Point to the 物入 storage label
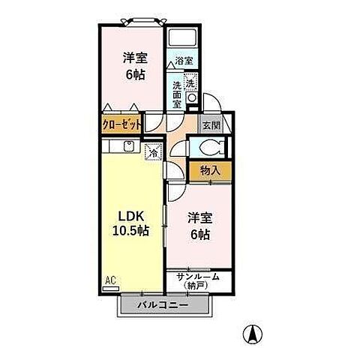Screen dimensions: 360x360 click(x=210, y=170)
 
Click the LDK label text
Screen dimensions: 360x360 click(x=130, y=214)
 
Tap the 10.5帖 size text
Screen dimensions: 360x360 click(x=130, y=231)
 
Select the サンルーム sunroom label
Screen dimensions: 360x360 click(x=197, y=276)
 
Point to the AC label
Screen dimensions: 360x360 click(x=109, y=280)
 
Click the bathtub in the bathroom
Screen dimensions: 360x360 click(x=179, y=39)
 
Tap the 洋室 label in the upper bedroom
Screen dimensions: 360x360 click(x=135, y=58)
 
